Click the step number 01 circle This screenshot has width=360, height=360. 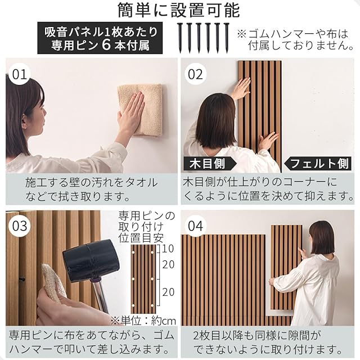coord(19,75)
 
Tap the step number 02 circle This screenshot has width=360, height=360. coord(195,75)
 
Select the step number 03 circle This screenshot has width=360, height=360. coord(19,226)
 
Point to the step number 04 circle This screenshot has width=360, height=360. coord(195,226)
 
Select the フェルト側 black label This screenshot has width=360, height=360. coord(318,164)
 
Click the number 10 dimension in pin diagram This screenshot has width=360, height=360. coord(168,249)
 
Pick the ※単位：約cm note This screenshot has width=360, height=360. coord(143,321)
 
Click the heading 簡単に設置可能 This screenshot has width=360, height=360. coord(179,11)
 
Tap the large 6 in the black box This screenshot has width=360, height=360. coord(106,44)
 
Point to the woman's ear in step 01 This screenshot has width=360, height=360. coord(26,126)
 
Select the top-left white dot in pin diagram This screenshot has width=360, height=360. coord(133,253)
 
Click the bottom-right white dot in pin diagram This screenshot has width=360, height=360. coord(152,305)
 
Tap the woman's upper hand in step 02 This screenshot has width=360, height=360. coord(241,88)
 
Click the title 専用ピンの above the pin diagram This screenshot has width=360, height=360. coord(147,216)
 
